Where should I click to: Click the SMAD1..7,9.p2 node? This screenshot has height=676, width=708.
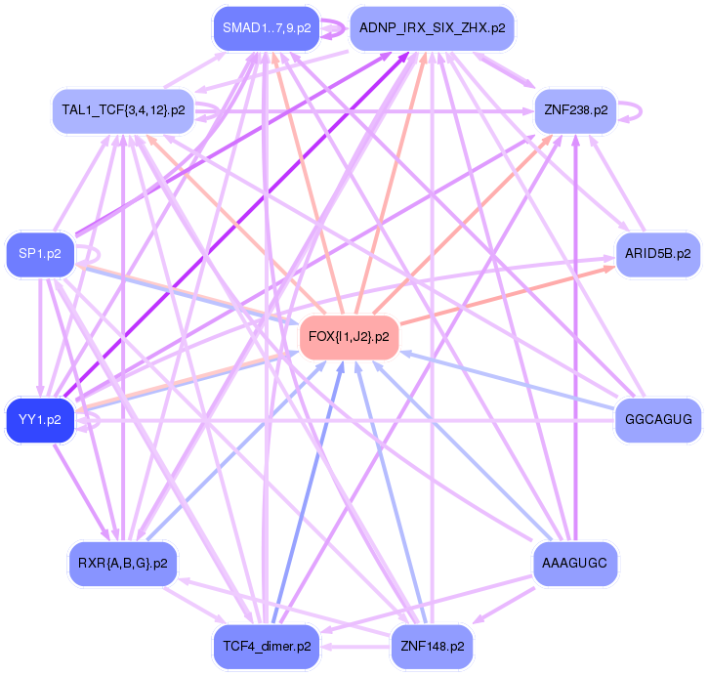point(267,27)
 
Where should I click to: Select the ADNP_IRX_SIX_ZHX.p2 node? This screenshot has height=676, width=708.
point(432,27)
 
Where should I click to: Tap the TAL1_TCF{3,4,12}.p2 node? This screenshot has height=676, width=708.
point(123,110)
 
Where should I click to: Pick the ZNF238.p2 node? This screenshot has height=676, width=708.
point(575,110)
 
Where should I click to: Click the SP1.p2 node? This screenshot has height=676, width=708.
point(40,254)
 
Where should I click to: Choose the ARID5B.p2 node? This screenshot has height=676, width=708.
point(657,254)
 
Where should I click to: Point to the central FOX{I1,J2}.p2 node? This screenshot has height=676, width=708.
point(349,337)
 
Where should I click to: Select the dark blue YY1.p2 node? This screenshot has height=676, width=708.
point(40,420)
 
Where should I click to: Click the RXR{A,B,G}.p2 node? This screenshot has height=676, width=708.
point(123,564)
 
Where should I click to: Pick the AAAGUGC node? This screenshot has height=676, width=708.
point(575,564)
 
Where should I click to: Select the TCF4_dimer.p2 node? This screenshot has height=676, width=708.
point(267,647)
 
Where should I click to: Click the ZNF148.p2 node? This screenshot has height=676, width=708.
point(432,647)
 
